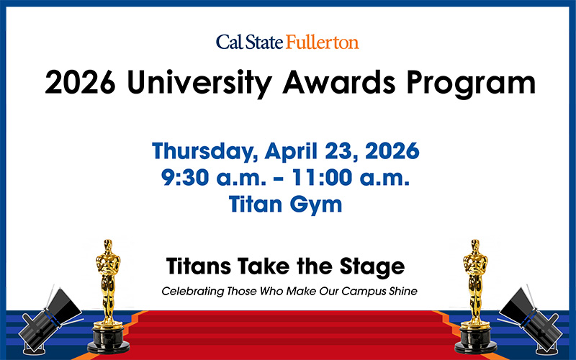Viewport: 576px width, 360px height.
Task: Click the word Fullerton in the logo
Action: pyautogui.click(x=321, y=42)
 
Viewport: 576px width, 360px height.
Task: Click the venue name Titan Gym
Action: pyautogui.click(x=286, y=204)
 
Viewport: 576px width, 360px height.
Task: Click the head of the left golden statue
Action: pyautogui.click(x=109, y=246)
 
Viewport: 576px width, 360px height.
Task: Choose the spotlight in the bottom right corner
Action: pyautogui.click(x=528, y=317)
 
